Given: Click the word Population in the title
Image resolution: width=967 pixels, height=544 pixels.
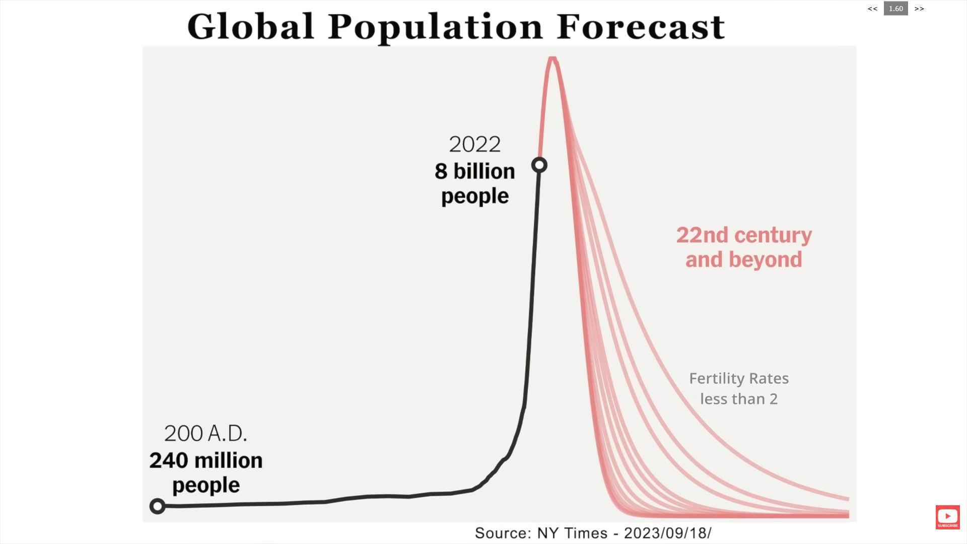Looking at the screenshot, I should point(436,28).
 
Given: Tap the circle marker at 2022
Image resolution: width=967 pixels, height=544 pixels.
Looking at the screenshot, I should point(539,165).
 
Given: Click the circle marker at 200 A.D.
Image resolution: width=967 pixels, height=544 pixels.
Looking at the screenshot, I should point(158,506).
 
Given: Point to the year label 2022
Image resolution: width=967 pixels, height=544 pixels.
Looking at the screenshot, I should point(474,145).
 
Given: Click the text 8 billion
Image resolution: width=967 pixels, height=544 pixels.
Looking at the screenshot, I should point(474,171).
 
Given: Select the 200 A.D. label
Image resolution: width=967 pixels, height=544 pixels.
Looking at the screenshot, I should point(205,433).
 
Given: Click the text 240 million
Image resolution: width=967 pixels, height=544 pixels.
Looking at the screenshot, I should point(205,460).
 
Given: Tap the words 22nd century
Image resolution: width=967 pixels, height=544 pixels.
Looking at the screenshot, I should point(743,235).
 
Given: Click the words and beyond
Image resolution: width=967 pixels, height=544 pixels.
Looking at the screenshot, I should point(743,260).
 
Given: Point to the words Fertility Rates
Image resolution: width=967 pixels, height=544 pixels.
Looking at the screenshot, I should point(738,378).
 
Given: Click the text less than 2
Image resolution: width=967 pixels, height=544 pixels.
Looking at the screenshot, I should point(738,399).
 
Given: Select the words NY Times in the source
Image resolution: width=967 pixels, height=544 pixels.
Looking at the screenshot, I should point(572,533).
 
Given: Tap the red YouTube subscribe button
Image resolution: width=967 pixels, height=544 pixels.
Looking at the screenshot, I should point(947,517).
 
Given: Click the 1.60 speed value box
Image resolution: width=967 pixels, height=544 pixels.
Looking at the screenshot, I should point(895,9).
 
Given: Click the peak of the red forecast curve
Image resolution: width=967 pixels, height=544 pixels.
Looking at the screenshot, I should point(552,59).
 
